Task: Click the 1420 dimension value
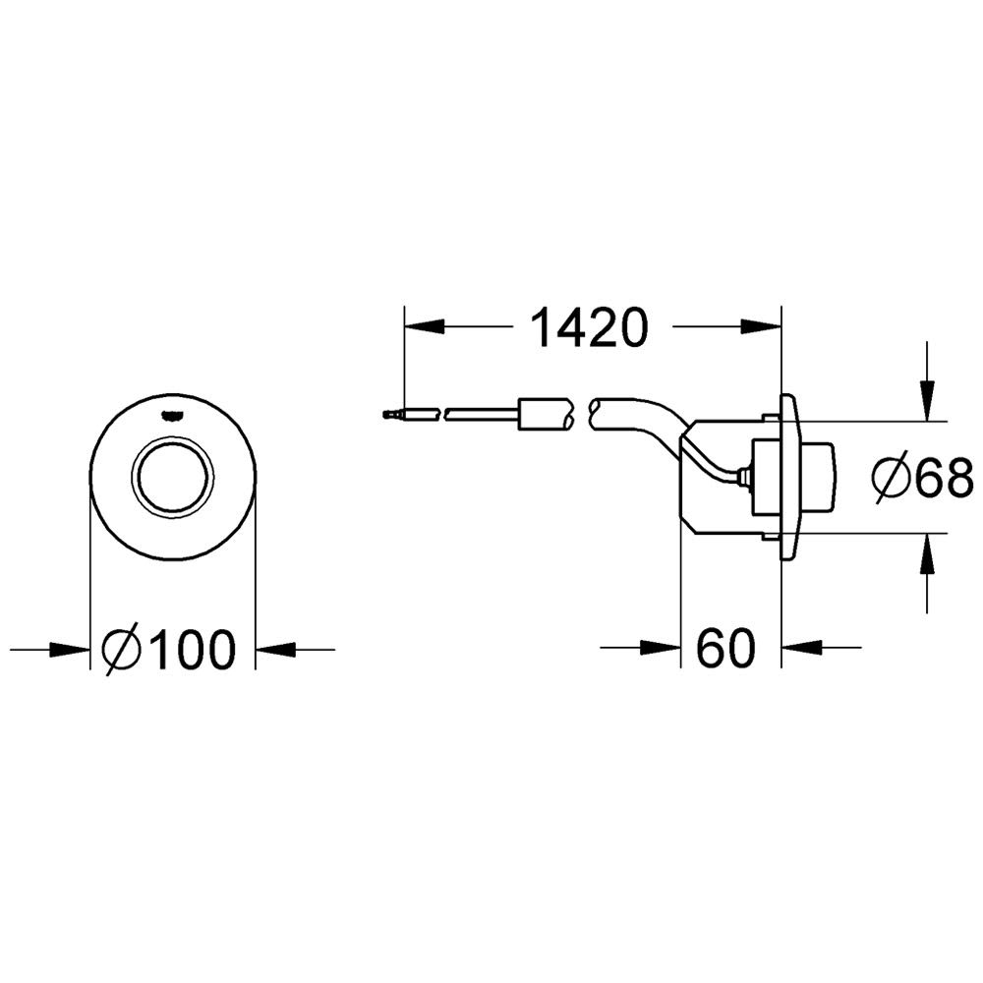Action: click(588, 327)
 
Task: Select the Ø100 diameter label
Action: click(169, 650)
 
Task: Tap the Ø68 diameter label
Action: click(923, 478)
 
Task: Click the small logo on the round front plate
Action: click(172, 414)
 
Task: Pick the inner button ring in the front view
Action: click(172, 478)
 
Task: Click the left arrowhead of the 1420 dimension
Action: click(425, 326)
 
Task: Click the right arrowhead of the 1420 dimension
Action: click(762, 326)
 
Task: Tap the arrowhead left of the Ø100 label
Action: click(70, 650)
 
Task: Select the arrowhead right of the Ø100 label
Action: click(275, 650)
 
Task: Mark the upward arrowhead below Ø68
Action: click(927, 552)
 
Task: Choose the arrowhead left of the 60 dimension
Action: click(661, 647)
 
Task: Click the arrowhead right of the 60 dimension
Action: click(801, 647)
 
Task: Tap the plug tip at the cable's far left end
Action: click(388, 414)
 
